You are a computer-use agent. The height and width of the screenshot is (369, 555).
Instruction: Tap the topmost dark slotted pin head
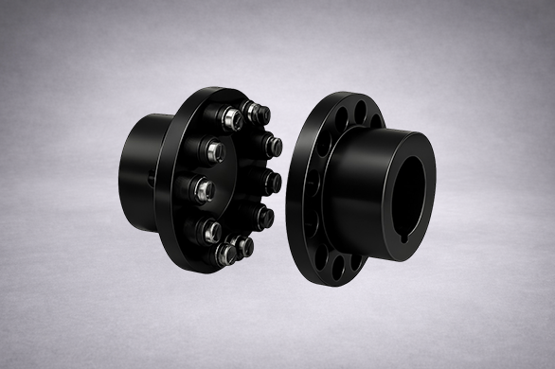click(x=252, y=112)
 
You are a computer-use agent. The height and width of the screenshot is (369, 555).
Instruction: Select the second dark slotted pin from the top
click(x=273, y=145)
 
